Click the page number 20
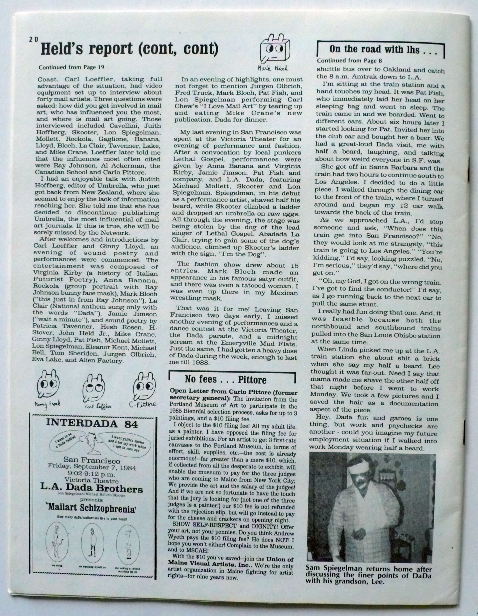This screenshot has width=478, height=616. pos(33,40)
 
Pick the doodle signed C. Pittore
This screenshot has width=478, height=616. pos(145,386)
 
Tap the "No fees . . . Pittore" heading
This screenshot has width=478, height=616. pos(226,380)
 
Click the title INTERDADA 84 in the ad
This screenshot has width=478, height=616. pos(92,423)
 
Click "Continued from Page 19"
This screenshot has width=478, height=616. pos(71,67)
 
